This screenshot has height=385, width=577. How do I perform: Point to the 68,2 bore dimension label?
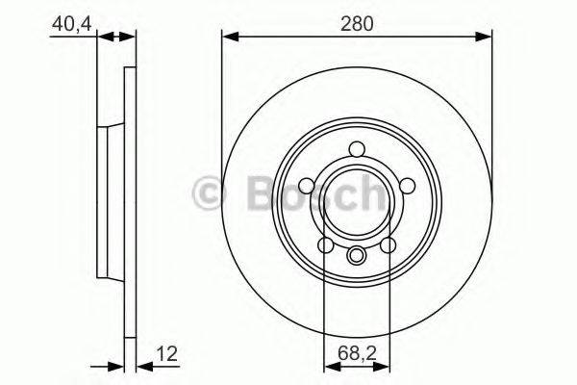tap(357, 353)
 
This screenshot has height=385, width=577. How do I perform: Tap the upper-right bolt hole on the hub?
tap(405, 183)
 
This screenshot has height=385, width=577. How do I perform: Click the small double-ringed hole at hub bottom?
tap(357, 255)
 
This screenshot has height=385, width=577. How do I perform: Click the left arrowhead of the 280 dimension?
tap(229, 38)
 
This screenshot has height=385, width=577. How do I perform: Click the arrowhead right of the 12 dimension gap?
tap(134, 367)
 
